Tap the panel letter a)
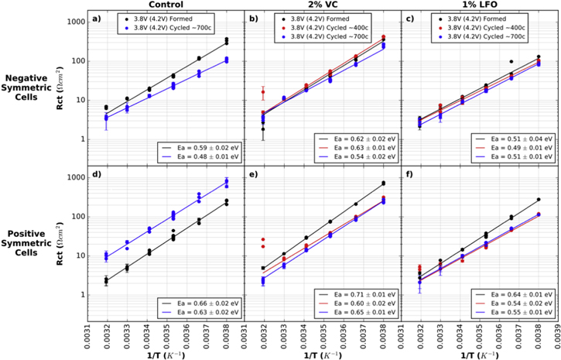point(97,18)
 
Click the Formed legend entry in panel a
point(166,16)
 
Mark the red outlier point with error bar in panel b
point(263,92)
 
